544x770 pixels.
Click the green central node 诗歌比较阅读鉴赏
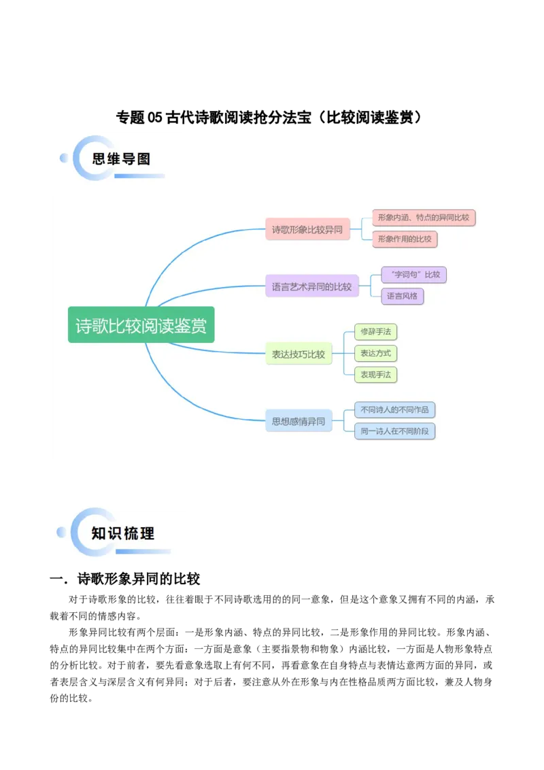141,326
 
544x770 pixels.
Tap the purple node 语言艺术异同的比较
311,286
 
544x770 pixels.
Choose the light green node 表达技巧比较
299,354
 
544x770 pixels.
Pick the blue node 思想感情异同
299,421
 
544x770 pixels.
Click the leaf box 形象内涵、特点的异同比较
424,218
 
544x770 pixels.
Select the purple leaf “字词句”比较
414,275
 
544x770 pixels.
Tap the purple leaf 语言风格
403,296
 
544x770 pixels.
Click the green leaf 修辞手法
376,332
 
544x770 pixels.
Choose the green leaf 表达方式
376,353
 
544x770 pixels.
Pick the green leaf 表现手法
376,374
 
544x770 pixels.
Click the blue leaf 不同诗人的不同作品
395,410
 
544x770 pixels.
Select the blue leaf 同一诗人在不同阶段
395,431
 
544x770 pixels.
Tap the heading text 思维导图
121,159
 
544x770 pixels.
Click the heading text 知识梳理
123,533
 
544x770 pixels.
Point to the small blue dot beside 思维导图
64,158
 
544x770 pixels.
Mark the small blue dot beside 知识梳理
61,532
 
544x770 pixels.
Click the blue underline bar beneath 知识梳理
143,552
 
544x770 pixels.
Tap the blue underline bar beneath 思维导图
139,176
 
